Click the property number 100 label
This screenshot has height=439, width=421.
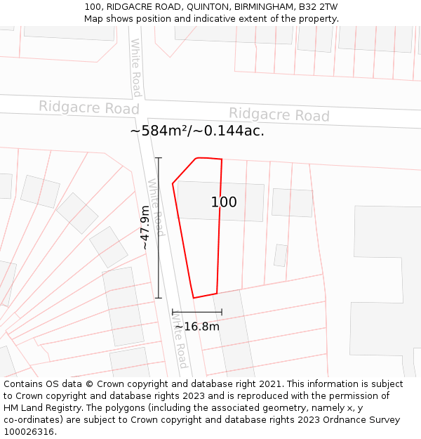[224, 202]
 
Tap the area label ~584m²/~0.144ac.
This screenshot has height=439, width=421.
[197, 131]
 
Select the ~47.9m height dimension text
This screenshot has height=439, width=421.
[145, 228]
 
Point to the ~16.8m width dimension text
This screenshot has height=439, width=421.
[197, 327]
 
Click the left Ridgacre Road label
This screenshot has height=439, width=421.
[88, 107]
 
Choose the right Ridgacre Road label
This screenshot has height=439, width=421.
[279, 114]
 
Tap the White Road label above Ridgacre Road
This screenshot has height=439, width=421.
[136, 67]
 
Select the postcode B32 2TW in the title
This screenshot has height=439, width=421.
[318, 7]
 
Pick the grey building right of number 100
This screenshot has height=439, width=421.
[292, 202]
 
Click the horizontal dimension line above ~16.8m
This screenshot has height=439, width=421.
[196, 312]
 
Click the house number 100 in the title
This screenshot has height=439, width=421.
[93, 7]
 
